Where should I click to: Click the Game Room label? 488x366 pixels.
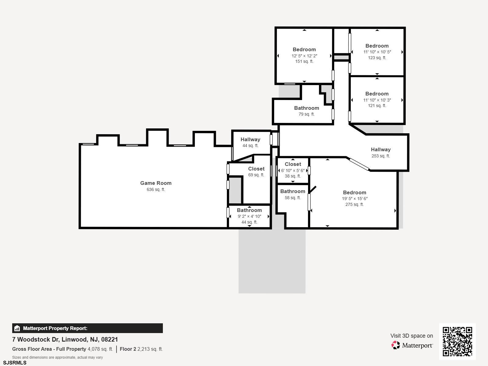[x=156, y=183]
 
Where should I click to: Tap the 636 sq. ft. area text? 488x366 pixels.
[x=156, y=189]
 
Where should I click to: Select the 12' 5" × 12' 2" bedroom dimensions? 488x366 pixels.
[x=304, y=56]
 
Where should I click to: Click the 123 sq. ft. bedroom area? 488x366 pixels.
[x=377, y=58]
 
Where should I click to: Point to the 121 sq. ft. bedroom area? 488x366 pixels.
[x=377, y=106]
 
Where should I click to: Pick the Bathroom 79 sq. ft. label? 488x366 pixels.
[x=307, y=111]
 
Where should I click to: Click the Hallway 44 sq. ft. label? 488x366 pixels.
[x=250, y=142]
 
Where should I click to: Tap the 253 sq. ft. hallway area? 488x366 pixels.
[x=381, y=156]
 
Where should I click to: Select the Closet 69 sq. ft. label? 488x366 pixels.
[x=256, y=172]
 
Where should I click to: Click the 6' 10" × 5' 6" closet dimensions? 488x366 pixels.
[x=293, y=170]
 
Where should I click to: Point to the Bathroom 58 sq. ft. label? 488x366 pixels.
[x=292, y=195]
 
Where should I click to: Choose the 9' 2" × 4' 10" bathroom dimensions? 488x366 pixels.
[x=249, y=216]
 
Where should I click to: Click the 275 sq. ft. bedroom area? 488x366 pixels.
[x=355, y=204]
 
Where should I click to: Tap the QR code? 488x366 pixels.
[x=457, y=342]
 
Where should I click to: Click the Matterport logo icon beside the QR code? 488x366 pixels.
[x=396, y=345]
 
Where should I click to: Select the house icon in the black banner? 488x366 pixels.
[x=17, y=328]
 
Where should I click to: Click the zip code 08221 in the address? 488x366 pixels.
[x=109, y=339]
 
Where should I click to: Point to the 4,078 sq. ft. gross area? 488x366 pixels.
[x=100, y=349]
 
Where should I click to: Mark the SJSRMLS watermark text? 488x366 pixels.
[x=15, y=363]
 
